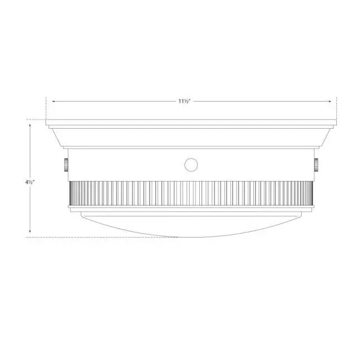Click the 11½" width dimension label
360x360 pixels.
pos(185,101)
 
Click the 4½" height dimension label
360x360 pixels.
pos(30,182)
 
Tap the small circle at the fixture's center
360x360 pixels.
pos(191,165)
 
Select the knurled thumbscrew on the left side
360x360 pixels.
pos(66,165)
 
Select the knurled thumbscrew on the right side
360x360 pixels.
pos(316,165)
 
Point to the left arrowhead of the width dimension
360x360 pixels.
pos(54,101)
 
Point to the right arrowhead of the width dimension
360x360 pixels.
pos(330,101)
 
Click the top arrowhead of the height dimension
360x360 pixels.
pos(30,125)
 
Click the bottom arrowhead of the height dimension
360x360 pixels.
pos(30,231)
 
